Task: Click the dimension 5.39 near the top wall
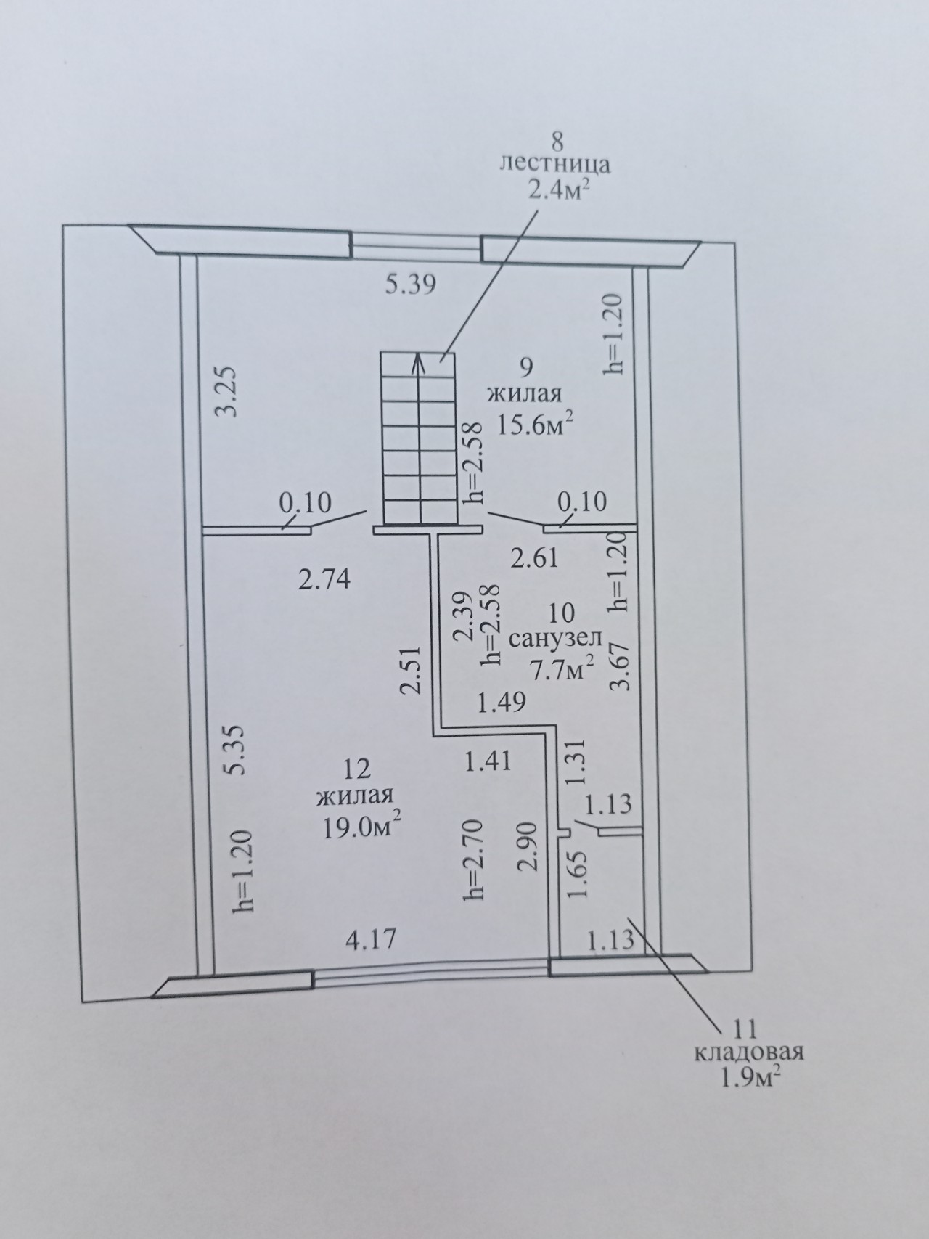410,285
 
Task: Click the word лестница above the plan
554,164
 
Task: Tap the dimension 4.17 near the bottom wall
371,940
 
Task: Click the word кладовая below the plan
748,1052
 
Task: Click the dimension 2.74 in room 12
324,579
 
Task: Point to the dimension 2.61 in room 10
534,557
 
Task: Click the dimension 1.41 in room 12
488,761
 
